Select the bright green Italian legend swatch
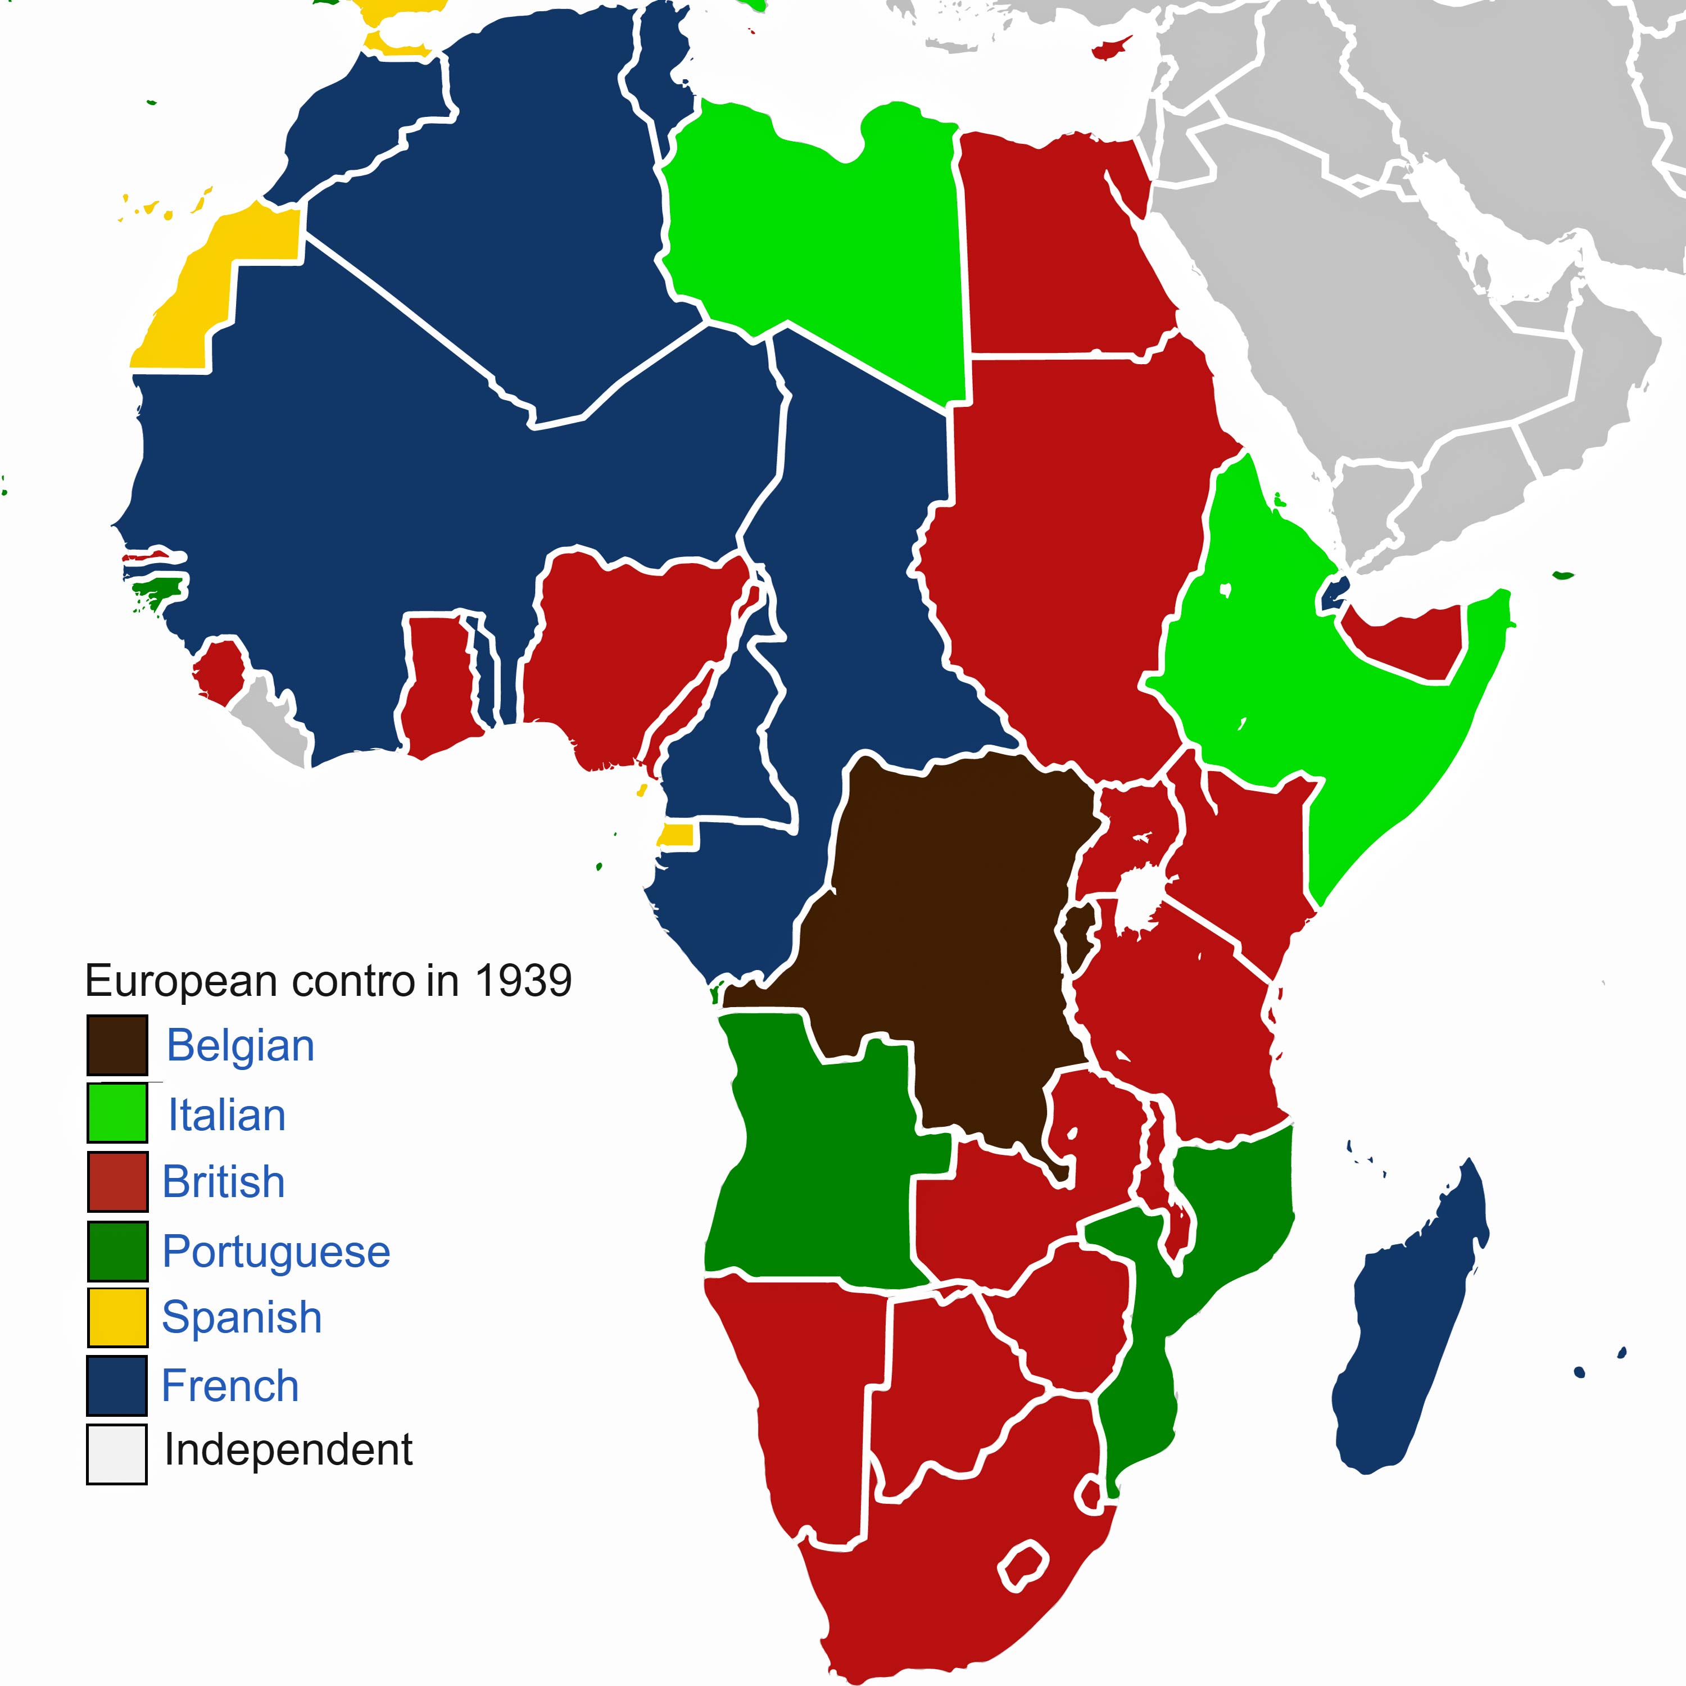pyautogui.click(x=117, y=1113)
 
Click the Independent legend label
pyautogui.click(x=288, y=1449)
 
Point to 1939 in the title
pyautogui.click(x=523, y=981)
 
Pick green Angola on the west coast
pyautogui.click(x=821, y=1161)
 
